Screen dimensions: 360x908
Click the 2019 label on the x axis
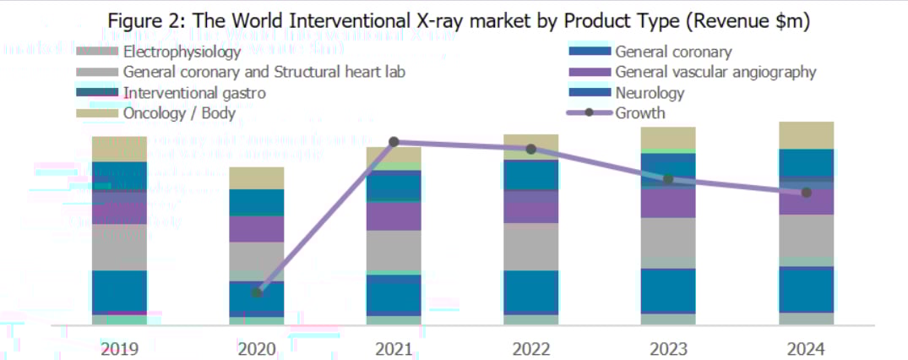[119, 348]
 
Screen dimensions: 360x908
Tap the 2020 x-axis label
[257, 348]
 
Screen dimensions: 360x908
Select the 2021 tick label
[394, 348]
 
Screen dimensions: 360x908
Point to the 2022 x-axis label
[530, 348]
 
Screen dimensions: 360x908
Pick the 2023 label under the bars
[668, 348]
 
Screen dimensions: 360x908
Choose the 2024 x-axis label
[805, 348]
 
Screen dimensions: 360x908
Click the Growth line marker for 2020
[257, 292]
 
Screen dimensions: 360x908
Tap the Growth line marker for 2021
[394, 142]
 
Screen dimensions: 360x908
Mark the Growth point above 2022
[530, 149]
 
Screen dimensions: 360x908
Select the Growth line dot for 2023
[668, 179]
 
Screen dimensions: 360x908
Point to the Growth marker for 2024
[806, 193]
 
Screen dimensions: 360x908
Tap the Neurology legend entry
[649, 92]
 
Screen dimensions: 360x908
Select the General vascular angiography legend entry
[715, 72]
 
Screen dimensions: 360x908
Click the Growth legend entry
[639, 113]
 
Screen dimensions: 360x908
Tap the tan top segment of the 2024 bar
[805, 135]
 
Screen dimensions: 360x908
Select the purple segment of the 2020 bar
[257, 228]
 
